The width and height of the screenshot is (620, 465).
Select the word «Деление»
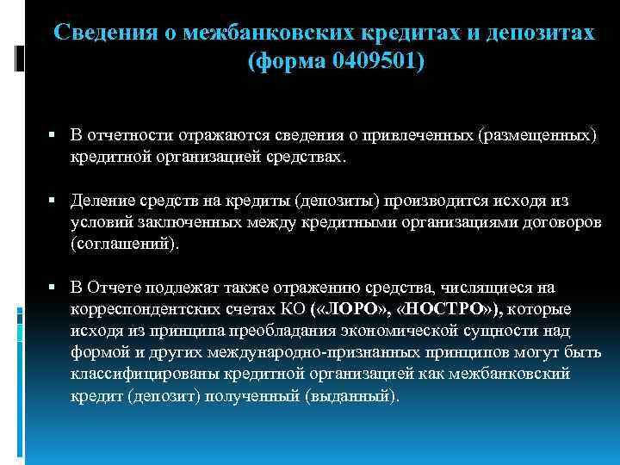pos(102,201)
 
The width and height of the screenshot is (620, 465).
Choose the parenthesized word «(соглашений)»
pos(126,244)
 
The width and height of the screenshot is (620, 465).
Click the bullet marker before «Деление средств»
pos(53,201)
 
